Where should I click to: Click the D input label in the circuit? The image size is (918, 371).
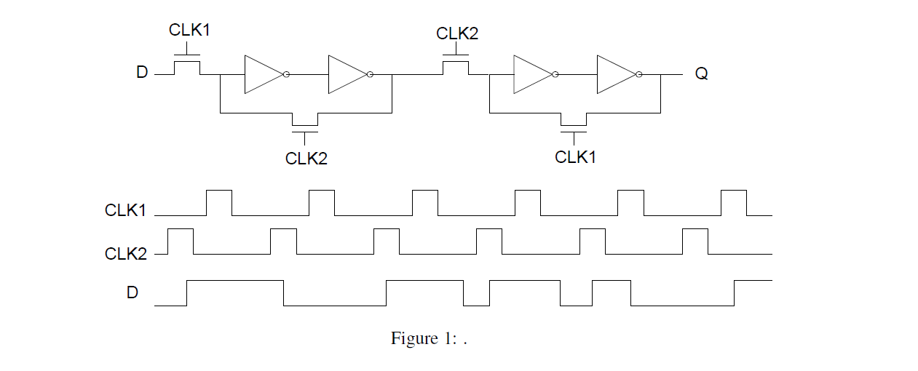(142, 73)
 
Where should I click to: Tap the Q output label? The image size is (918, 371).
(701, 73)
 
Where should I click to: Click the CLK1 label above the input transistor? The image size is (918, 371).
(189, 30)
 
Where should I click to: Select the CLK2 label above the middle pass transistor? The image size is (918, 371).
(457, 33)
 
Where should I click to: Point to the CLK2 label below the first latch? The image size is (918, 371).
(306, 158)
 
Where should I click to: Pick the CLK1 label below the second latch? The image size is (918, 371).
(575, 156)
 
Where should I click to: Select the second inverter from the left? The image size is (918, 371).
(349, 74)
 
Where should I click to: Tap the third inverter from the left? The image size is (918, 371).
(534, 74)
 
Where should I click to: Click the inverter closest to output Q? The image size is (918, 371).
(618, 74)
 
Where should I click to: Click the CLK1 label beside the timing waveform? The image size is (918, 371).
(125, 210)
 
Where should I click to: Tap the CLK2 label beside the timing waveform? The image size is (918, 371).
(125, 254)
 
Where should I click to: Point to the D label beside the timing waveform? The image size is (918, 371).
(132, 292)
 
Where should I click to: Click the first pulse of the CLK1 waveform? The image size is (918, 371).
(219, 202)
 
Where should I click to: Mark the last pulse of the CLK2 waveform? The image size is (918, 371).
(695, 241)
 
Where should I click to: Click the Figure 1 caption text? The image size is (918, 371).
(428, 338)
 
